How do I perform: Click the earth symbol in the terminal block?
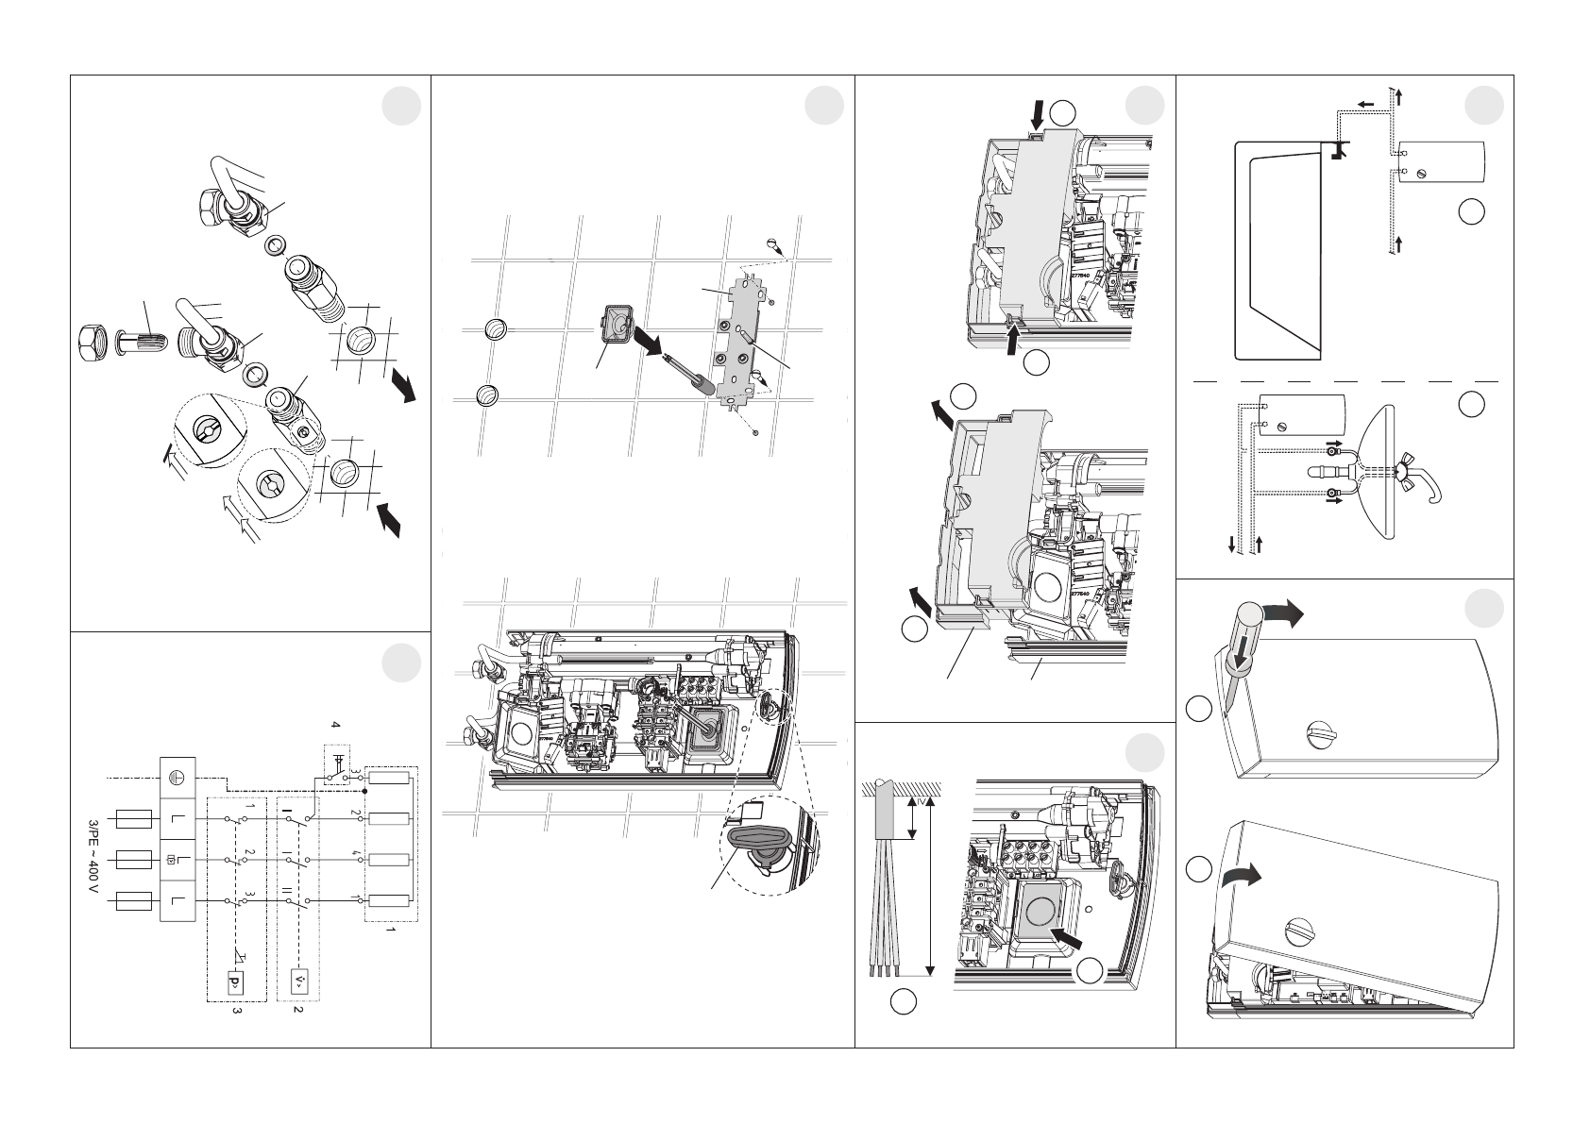pos(177,775)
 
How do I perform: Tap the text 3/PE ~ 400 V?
pos(92,860)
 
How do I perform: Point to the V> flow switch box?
pos(300,983)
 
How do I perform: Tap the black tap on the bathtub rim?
pos(1335,150)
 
